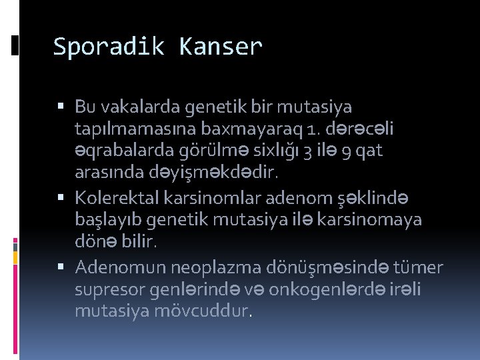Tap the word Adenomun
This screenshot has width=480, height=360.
pyautogui.click(x=121, y=267)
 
